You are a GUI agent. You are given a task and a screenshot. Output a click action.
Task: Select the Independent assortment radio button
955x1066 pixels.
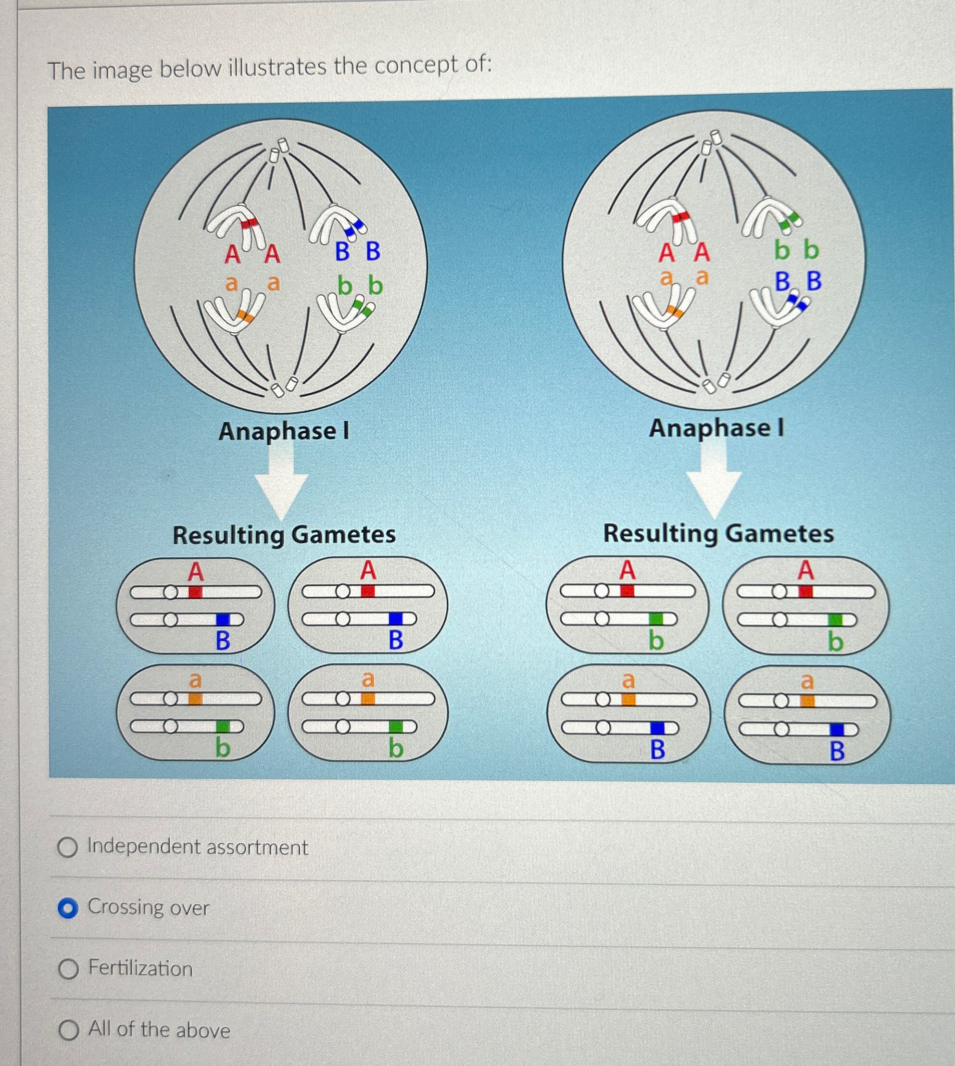68,847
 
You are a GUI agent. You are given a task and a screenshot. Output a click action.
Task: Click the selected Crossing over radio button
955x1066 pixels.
68,908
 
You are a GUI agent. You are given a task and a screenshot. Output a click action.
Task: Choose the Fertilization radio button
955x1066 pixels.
68,969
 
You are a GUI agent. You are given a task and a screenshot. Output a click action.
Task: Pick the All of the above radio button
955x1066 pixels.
68,1030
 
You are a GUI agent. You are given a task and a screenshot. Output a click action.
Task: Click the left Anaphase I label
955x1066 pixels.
284,432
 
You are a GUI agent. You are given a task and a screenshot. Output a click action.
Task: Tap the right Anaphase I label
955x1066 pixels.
716,428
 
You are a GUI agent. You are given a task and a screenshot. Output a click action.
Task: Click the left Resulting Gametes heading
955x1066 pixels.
284,535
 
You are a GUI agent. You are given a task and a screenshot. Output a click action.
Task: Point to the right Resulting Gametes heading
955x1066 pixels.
718,534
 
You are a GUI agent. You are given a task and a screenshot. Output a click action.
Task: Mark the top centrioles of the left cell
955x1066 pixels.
278,150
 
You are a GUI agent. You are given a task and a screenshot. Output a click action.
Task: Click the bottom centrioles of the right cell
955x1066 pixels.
716,384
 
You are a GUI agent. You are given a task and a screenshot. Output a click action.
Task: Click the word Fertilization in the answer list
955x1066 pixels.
140,968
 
